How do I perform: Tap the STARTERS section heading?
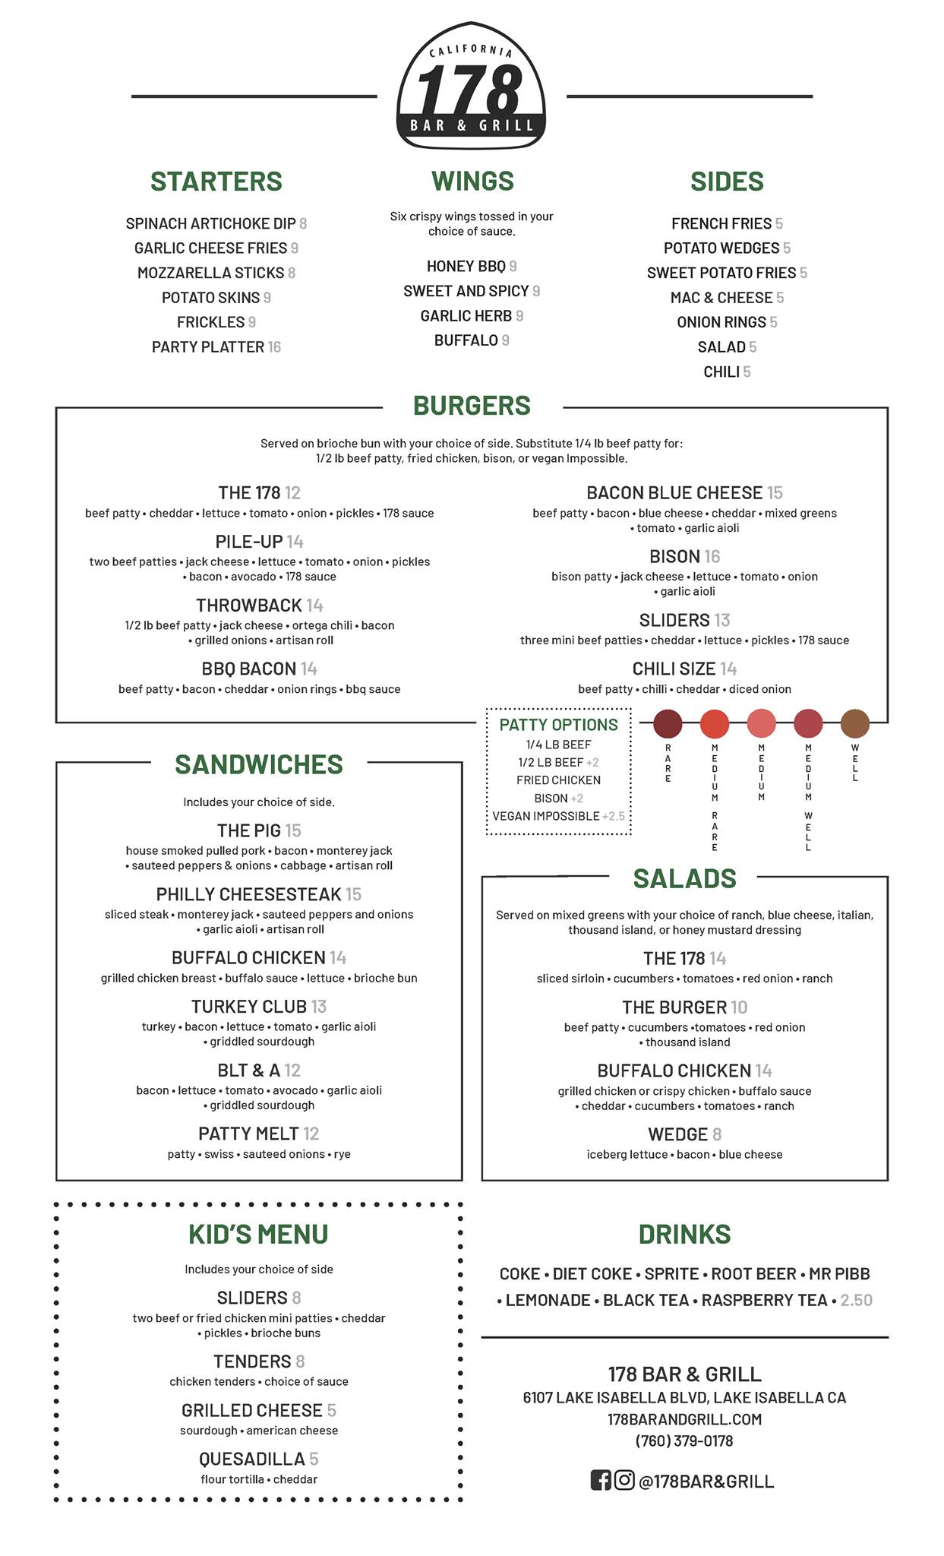(x=216, y=182)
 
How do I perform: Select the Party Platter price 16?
(x=274, y=347)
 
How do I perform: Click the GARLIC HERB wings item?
(x=466, y=316)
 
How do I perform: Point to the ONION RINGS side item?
(x=721, y=322)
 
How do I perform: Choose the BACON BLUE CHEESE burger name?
(x=674, y=493)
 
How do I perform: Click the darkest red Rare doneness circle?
(x=668, y=724)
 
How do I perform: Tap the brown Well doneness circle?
(x=854, y=724)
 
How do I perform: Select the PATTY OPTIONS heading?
(x=558, y=725)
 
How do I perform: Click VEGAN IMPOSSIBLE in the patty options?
(x=546, y=816)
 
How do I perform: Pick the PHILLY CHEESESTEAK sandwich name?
(x=249, y=894)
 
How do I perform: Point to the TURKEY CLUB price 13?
(x=319, y=1007)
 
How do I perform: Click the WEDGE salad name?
(x=677, y=1134)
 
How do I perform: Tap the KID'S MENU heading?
(x=258, y=1235)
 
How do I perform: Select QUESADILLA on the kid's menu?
(x=252, y=1459)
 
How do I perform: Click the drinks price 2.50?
(x=856, y=1300)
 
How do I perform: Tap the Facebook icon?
(x=601, y=1480)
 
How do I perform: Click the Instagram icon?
(x=624, y=1480)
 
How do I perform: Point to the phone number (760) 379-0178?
(x=684, y=1441)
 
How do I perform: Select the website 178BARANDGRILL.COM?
(x=684, y=1418)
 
